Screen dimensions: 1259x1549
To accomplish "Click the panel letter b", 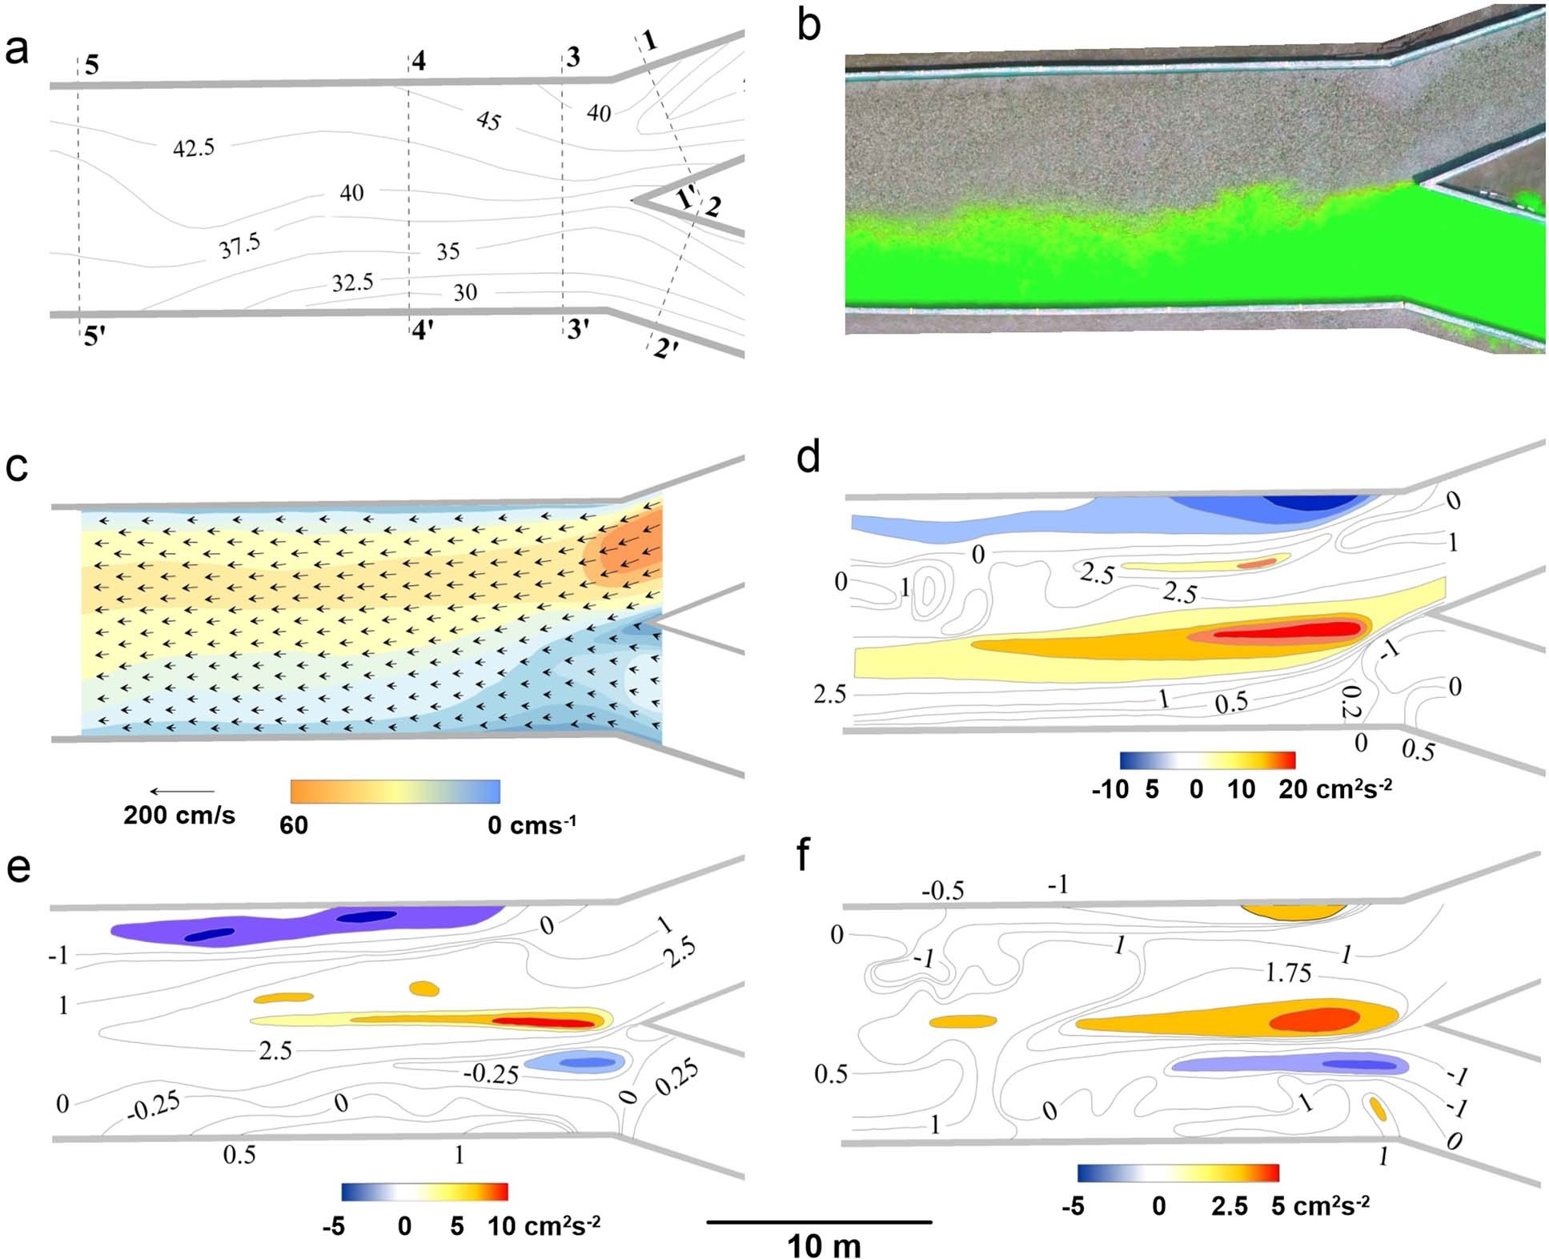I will pyautogui.click(x=809, y=26).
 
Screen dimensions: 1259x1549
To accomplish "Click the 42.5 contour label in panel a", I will pyautogui.click(x=194, y=148).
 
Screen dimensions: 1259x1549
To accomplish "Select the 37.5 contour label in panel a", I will pyautogui.click(x=240, y=247).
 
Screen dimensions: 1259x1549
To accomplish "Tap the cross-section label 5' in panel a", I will pyautogui.click(x=94, y=337).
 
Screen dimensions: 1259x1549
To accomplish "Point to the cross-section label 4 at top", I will pyautogui.click(x=418, y=61).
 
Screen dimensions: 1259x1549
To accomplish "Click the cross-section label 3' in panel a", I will pyautogui.click(x=578, y=329).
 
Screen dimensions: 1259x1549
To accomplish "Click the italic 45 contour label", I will pyautogui.click(x=488, y=121).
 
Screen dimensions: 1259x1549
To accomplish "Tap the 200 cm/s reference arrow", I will pyautogui.click(x=183, y=792).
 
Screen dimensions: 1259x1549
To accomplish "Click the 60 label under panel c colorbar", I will pyautogui.click(x=294, y=825).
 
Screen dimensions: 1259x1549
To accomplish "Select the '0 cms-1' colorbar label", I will pyautogui.click(x=531, y=824).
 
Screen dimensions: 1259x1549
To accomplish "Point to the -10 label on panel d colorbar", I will pyautogui.click(x=1110, y=789).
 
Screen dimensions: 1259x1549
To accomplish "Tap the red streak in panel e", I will pyautogui.click(x=544, y=1022).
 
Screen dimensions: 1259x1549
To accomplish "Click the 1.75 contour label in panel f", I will pyautogui.click(x=1288, y=973).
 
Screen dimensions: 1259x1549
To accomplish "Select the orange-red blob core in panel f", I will pyautogui.click(x=1313, y=1019).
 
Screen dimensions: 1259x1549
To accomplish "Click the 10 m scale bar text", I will pyautogui.click(x=824, y=1246).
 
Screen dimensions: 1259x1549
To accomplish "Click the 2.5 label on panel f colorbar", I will pyautogui.click(x=1229, y=1206).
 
